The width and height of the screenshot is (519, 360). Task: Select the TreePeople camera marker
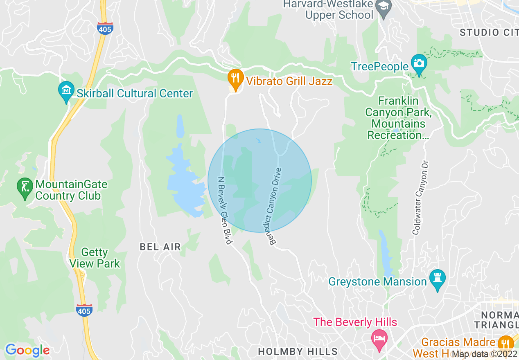419,63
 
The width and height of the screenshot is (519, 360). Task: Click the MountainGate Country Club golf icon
25,187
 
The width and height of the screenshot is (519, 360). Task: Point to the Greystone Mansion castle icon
438,279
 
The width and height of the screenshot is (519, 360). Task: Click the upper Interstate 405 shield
105,28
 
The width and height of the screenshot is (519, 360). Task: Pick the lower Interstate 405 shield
84,310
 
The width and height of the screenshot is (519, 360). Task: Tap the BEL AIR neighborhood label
160,247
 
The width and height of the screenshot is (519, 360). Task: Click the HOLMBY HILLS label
298,351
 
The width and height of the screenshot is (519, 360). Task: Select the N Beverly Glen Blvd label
225,211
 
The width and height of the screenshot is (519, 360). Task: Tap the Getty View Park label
95,258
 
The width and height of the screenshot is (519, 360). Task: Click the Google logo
27,350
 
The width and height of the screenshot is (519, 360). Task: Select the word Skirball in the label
95,93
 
